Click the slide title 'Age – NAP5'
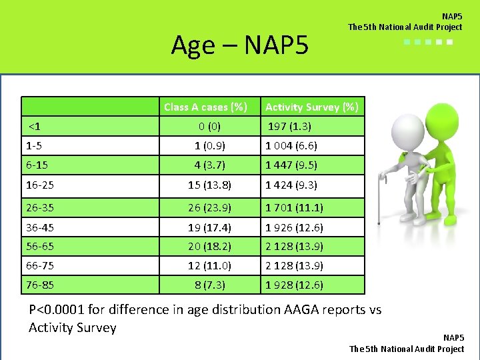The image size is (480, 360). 239,45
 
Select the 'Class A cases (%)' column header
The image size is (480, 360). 205,107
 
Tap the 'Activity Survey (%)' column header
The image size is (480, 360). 311,107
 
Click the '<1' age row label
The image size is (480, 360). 33,126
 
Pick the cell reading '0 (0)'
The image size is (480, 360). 210,126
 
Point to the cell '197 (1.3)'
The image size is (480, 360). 289,126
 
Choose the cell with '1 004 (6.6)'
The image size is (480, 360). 291,145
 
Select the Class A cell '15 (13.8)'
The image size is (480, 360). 210,185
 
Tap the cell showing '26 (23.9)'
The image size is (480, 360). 210,207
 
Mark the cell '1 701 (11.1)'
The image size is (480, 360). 294,207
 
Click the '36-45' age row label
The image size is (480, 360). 40,227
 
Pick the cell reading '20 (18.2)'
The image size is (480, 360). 210,246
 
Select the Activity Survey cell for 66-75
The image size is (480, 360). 294,265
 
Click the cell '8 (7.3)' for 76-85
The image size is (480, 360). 210,285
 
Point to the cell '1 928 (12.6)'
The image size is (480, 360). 294,285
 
